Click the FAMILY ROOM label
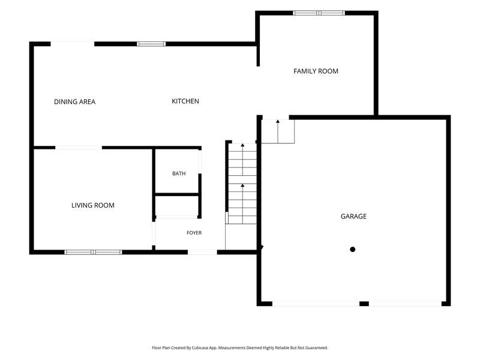point(316,71)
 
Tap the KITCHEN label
point(185,101)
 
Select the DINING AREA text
point(74,102)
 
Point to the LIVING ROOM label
point(93,205)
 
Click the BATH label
point(179,173)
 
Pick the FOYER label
point(194,233)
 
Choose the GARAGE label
point(353,217)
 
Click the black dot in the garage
point(353,250)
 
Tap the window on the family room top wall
point(319,13)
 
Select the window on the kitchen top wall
point(151,44)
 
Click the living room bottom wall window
point(93,252)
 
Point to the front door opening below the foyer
point(202,252)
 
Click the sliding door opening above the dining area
point(72,44)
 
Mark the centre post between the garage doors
point(364,304)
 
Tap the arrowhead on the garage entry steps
point(278,122)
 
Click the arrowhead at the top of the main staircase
point(242,145)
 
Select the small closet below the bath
point(176,206)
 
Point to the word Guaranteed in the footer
point(317,348)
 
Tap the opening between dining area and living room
point(79,148)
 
